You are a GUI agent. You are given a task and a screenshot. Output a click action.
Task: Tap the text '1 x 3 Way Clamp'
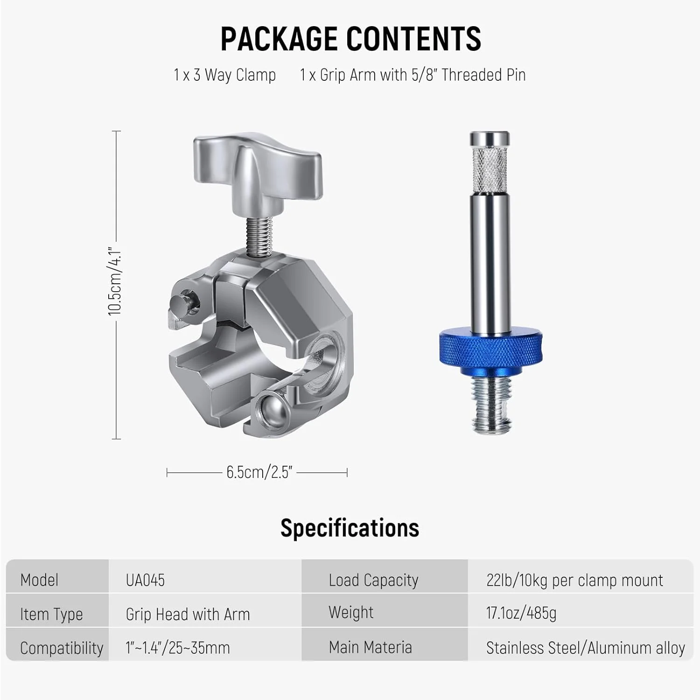(x=224, y=75)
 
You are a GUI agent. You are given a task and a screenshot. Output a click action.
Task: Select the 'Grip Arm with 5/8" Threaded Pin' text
(x=423, y=75)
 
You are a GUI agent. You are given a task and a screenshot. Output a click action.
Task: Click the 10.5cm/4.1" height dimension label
(x=115, y=282)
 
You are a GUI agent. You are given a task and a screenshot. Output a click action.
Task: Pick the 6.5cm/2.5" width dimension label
(x=259, y=472)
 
